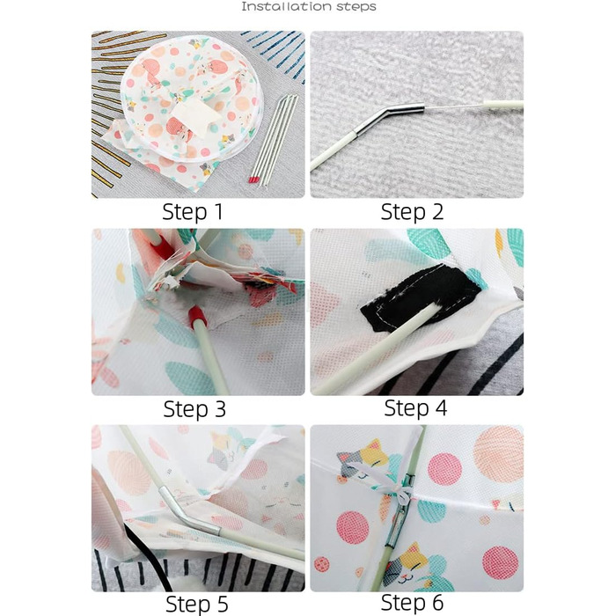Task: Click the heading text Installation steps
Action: tap(308, 7)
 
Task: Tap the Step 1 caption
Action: tap(193, 212)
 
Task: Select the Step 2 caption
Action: tap(412, 212)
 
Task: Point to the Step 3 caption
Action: tap(194, 409)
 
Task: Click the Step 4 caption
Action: tap(415, 408)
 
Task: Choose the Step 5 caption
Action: tap(197, 604)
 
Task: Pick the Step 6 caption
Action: tap(412, 602)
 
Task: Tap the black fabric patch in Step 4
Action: tap(421, 297)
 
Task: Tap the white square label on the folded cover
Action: tap(194, 117)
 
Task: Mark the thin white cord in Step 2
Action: tap(455, 106)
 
